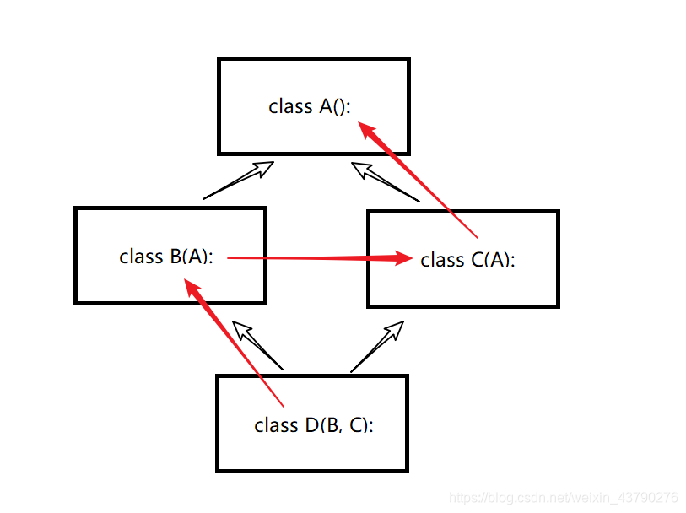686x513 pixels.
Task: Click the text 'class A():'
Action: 310,107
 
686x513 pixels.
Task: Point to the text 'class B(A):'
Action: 165,256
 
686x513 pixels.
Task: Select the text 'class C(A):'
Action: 467,261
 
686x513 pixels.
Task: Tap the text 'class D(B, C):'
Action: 313,425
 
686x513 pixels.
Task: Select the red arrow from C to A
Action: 422,184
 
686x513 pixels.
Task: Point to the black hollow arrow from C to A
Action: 385,181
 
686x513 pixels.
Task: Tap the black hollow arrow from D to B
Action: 257,346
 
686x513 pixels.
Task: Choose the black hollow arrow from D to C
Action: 376,347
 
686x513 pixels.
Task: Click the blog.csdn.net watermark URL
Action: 564,498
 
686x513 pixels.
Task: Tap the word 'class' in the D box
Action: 275,425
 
